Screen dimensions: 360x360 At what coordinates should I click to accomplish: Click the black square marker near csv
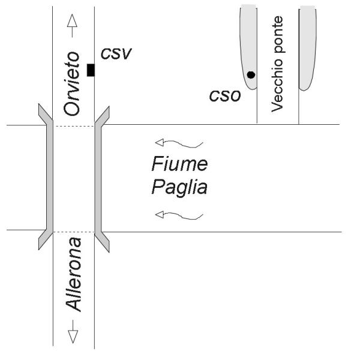point(91,70)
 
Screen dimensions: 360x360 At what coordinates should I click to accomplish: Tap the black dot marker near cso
point(251,74)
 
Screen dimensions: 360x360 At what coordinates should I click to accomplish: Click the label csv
point(116,55)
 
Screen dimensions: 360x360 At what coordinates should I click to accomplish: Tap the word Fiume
point(179,164)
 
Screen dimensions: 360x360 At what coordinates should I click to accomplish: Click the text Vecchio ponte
point(277,64)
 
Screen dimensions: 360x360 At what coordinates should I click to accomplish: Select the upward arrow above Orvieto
point(73,22)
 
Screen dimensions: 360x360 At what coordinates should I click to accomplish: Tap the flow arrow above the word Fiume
point(179,143)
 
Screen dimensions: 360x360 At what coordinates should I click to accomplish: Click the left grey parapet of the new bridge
point(47,177)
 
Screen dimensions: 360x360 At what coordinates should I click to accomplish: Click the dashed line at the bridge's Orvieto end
point(73,125)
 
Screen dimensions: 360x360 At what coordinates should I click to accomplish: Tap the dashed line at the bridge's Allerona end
point(73,231)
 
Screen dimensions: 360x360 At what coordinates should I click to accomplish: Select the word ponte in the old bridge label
point(277,33)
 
